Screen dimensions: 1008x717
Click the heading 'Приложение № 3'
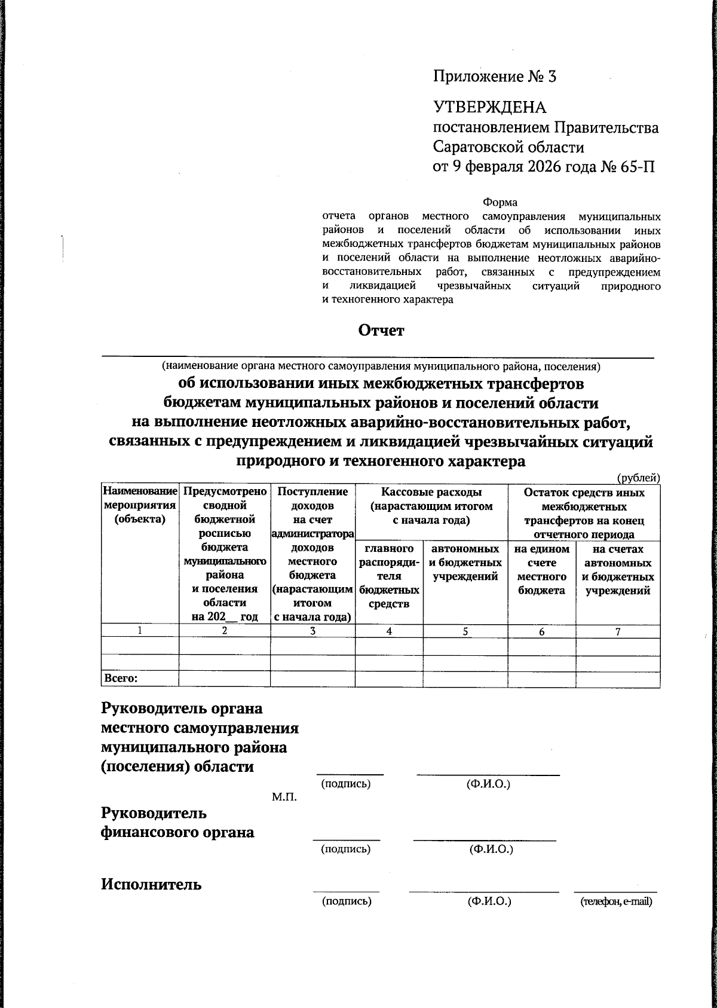tap(494, 77)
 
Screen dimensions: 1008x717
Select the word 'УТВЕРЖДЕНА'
tap(489, 108)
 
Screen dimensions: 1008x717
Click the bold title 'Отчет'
tap(381, 330)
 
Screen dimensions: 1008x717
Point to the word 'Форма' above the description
tap(500, 203)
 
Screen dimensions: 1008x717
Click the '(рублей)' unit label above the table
tap(638, 477)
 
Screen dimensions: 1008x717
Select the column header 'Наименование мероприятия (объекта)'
tap(140, 506)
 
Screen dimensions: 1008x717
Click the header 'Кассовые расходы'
tap(431, 493)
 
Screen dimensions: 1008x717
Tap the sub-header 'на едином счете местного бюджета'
tap(541, 569)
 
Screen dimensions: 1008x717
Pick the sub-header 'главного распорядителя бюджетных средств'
tap(389, 576)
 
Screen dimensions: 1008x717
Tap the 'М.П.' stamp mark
tap(284, 798)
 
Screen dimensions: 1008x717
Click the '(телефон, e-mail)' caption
tap(616, 902)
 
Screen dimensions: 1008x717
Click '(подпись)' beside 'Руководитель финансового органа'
tap(345, 848)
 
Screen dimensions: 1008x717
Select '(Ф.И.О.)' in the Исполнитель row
tap(489, 901)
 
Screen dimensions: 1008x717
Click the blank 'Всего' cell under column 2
tap(224, 679)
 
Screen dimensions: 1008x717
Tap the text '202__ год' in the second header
tap(224, 616)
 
